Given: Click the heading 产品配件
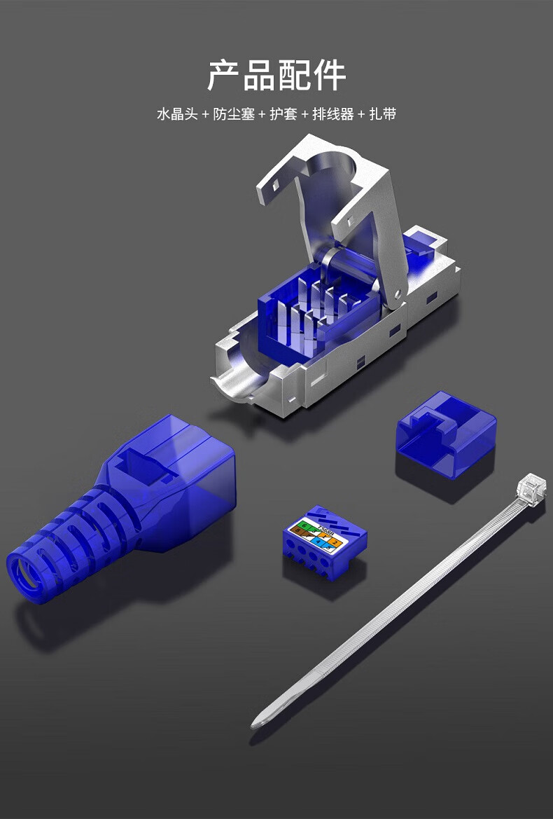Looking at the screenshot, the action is [x=276, y=76].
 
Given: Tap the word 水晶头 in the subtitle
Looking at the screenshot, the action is [x=177, y=114].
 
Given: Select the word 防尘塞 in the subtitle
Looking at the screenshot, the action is [x=234, y=114].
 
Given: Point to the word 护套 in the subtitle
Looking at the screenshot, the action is [x=283, y=114].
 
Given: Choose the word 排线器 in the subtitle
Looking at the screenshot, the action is [x=332, y=114].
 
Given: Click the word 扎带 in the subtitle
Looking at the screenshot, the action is [x=382, y=114].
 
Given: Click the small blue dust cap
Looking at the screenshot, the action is [x=446, y=434].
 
